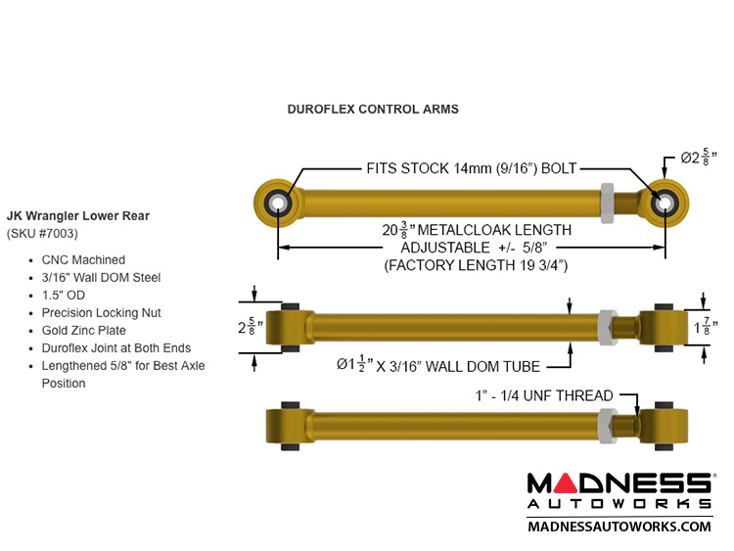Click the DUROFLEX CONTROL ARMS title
point(373,110)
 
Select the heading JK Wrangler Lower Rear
point(78,215)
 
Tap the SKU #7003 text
point(42,234)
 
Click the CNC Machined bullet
point(83,260)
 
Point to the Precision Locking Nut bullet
point(102,313)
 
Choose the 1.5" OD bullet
point(63,296)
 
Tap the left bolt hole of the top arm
point(278,203)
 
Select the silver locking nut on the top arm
point(606,202)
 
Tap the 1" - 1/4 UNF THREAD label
point(539,395)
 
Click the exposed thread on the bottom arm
point(627,427)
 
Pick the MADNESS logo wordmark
point(619,484)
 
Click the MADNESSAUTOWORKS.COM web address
point(619,527)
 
